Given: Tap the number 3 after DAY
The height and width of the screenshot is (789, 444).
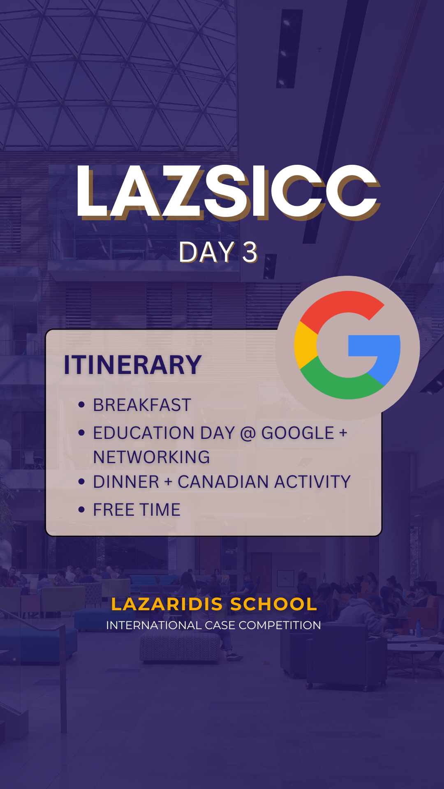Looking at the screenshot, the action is (x=250, y=252).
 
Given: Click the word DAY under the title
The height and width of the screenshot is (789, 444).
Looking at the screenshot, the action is (x=207, y=252).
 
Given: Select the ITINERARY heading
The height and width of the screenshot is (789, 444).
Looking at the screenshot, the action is (x=132, y=365).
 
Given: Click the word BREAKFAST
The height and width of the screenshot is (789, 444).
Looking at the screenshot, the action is (x=142, y=405).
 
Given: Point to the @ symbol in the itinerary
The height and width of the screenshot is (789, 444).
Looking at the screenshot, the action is (x=248, y=433).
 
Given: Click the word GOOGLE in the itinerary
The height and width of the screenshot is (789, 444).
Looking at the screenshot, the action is (x=298, y=433).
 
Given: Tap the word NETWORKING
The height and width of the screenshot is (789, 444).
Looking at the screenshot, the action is (x=152, y=457).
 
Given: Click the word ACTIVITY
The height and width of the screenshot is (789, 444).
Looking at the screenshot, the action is (x=312, y=482).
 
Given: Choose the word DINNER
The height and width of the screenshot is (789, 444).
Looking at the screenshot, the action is (x=126, y=482).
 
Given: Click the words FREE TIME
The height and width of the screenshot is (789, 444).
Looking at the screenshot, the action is (x=137, y=510).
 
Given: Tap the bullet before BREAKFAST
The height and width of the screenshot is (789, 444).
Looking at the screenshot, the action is (x=81, y=405).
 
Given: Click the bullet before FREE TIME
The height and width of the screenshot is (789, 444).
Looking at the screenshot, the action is (x=81, y=510).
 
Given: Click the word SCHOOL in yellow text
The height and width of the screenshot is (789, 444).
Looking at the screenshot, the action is (x=273, y=604).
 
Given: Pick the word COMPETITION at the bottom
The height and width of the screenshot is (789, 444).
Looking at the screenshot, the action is (x=280, y=625).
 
